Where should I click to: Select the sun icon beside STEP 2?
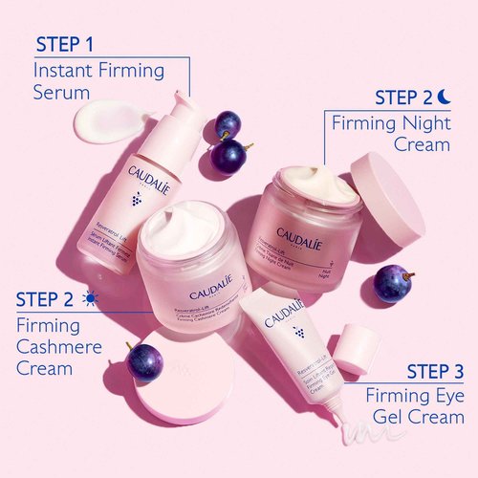[90, 299]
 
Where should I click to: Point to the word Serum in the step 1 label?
[61, 94]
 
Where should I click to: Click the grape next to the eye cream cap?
[391, 283]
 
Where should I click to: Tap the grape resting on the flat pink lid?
[145, 361]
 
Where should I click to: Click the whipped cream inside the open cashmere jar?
[182, 229]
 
